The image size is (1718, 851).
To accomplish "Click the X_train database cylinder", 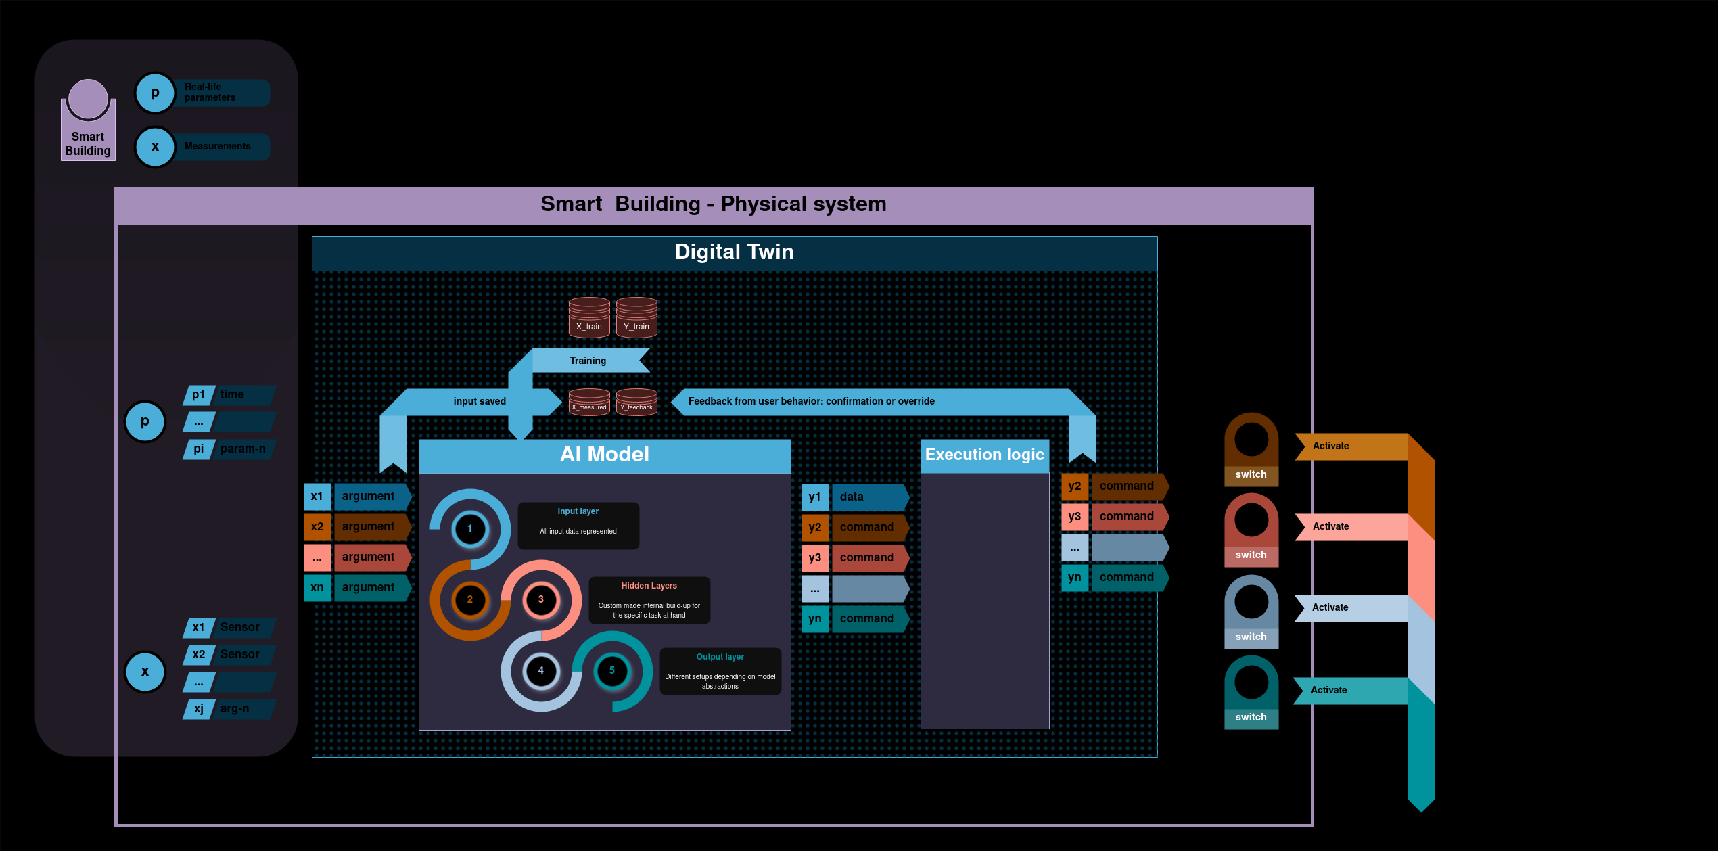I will tap(588, 317).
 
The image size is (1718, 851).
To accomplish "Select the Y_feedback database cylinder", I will tap(636, 401).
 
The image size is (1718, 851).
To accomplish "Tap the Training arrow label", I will tap(587, 361).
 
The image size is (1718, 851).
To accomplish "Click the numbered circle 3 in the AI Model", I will tap(540, 599).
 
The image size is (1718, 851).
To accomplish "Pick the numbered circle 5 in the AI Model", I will tap(611, 670).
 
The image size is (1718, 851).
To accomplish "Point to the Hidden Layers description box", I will tap(649, 600).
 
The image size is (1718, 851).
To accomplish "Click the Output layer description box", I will tap(720, 671).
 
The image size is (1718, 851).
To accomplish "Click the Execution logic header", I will tap(984, 455).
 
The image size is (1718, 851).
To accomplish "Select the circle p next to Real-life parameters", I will tap(155, 93).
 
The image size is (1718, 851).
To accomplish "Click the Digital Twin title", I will tap(734, 252).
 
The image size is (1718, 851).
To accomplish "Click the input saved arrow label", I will tap(479, 401).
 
